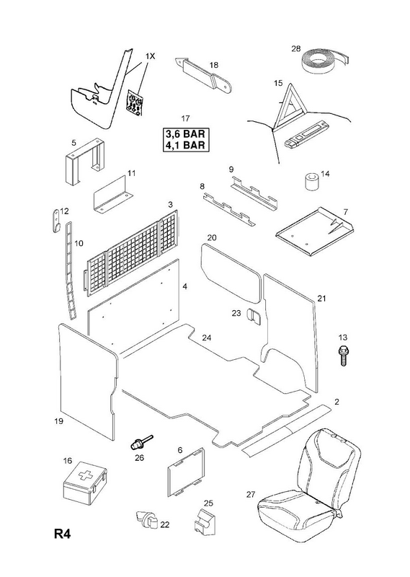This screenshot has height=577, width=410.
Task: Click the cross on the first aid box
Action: (85, 475)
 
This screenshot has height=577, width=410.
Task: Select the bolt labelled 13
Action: (343, 356)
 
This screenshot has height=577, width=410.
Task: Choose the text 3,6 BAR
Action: (184, 133)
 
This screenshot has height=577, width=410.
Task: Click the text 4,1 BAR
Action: (184, 145)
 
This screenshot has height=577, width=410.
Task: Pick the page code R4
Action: (62, 534)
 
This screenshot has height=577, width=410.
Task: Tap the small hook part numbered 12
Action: (56, 221)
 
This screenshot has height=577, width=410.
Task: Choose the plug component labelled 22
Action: (147, 520)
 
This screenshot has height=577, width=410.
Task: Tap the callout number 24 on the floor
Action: (207, 338)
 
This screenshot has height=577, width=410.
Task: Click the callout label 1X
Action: (150, 56)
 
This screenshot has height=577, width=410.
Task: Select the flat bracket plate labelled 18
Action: (203, 76)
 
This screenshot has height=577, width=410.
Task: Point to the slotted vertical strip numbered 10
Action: (71, 270)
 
